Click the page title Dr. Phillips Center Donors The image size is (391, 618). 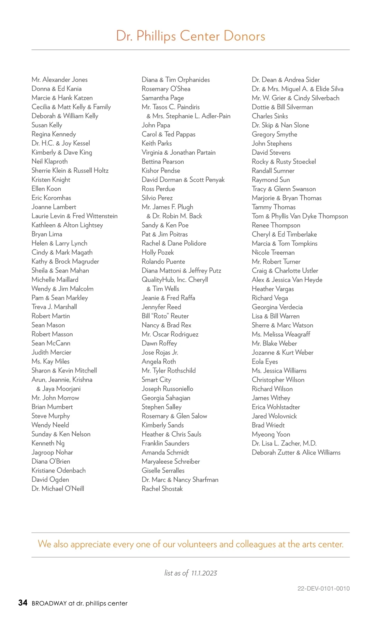click(x=191, y=36)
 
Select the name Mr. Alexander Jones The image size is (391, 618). click(x=60, y=80)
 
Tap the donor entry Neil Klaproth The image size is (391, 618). click(x=50, y=162)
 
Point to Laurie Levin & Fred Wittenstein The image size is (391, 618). click(x=75, y=216)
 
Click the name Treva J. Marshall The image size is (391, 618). click(x=54, y=307)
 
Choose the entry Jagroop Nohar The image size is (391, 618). click(x=52, y=452)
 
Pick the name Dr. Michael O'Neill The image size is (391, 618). click(x=58, y=489)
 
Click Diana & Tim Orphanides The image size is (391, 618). click(x=176, y=80)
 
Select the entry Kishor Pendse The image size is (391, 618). click(x=161, y=171)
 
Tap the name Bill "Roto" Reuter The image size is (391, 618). click(x=165, y=316)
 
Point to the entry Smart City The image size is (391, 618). click(x=156, y=380)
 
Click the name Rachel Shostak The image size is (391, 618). click(x=162, y=489)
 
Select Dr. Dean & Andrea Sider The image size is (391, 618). click(x=285, y=80)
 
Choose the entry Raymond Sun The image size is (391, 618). click(x=270, y=180)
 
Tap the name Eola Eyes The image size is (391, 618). click(x=265, y=361)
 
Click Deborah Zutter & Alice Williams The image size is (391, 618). click(x=296, y=452)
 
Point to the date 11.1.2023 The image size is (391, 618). click(x=204, y=573)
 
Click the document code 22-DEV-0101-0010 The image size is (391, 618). click(x=323, y=588)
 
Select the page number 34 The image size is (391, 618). click(x=23, y=603)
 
